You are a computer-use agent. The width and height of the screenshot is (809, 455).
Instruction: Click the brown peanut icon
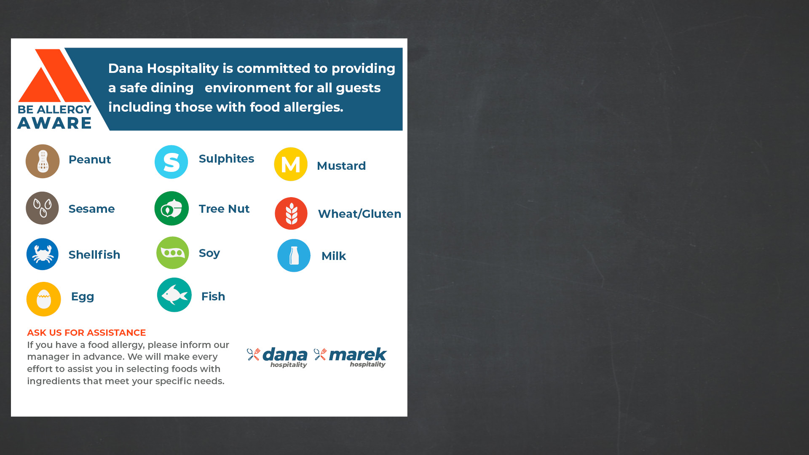[43, 161]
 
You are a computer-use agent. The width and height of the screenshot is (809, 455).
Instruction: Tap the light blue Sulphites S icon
[171, 162]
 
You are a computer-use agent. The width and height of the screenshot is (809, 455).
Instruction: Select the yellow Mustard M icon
[291, 164]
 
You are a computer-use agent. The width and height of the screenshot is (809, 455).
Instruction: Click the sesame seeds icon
[42, 208]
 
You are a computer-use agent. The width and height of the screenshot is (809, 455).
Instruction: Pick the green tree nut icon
[171, 209]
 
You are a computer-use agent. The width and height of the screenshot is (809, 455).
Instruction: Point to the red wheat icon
[291, 214]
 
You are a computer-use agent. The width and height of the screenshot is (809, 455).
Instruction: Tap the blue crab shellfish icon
[43, 254]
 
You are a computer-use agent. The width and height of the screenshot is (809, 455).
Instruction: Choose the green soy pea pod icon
[173, 253]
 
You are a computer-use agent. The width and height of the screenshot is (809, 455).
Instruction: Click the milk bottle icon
[294, 256]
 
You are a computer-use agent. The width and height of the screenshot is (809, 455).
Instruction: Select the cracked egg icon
[44, 299]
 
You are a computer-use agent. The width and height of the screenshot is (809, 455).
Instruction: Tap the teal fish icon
[174, 295]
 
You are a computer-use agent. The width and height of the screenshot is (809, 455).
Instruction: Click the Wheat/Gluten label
[359, 214]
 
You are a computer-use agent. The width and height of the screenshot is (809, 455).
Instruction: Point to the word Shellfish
[94, 254]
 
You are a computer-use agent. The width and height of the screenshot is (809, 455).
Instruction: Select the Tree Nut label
[224, 209]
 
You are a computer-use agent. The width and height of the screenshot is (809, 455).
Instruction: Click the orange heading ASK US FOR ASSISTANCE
[86, 333]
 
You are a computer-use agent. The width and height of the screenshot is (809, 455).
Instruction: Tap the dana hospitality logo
[277, 357]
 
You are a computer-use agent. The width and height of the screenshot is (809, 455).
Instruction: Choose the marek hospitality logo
[350, 357]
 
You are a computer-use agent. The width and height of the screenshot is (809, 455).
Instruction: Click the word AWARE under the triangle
[54, 123]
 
